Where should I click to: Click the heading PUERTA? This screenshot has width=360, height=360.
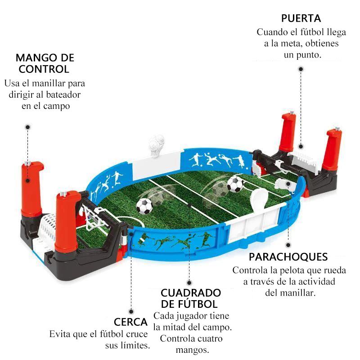point(301,18)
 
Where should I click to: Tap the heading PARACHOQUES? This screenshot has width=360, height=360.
point(288,257)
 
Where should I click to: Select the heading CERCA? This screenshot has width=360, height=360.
point(131,322)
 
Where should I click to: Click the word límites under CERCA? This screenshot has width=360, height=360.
point(135,346)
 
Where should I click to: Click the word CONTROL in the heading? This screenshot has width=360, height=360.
point(44,69)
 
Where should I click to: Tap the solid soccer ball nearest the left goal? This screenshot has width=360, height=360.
point(144,206)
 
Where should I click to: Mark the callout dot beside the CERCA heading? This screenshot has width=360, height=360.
point(131,310)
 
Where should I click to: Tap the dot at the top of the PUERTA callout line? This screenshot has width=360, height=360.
point(300,69)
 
